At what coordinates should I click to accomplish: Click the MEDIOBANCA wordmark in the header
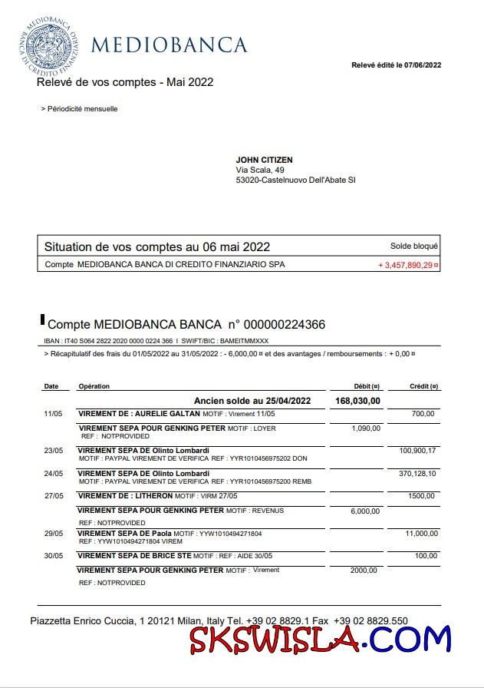pyautogui.click(x=169, y=45)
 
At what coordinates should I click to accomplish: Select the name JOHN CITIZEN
pyautogui.click(x=265, y=160)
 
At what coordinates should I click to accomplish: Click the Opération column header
pyautogui.click(x=94, y=386)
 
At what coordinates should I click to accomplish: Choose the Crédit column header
pyautogui.click(x=423, y=386)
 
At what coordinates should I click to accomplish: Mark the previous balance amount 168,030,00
pyautogui.click(x=357, y=401)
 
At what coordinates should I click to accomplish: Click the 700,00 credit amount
pyautogui.click(x=423, y=414)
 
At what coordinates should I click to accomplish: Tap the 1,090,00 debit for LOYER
pyautogui.click(x=366, y=428)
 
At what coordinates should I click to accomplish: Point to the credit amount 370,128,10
pyautogui.click(x=417, y=474)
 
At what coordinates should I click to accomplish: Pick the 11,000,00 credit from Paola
pyautogui.click(x=420, y=532)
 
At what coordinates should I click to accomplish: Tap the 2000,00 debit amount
pyautogui.click(x=364, y=570)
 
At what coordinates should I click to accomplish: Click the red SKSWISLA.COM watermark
pyautogui.click(x=321, y=639)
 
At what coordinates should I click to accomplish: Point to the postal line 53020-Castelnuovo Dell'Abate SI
pyautogui.click(x=295, y=180)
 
